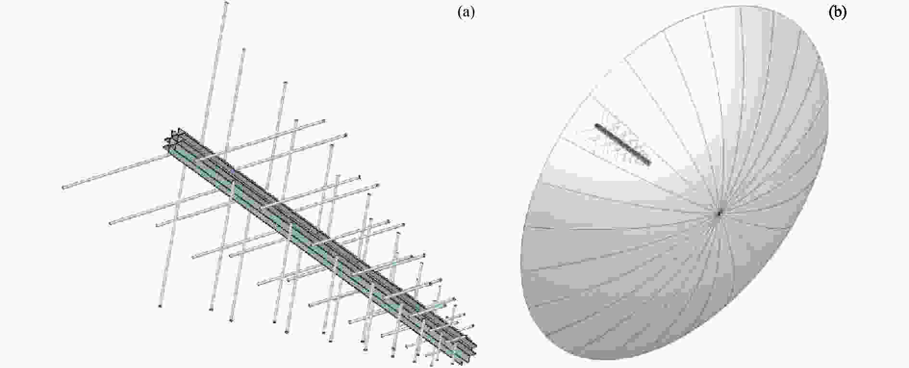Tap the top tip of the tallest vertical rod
227,3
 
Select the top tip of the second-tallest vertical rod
244,50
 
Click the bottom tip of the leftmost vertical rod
160,306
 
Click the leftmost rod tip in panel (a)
63,187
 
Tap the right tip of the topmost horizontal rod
324,121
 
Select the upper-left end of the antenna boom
172,137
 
